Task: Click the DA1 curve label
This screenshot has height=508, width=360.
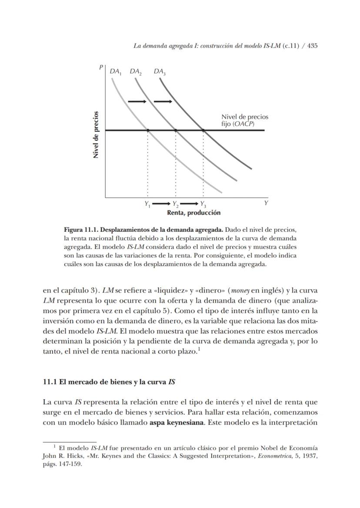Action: [115, 72]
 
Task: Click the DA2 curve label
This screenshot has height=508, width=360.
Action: [136, 72]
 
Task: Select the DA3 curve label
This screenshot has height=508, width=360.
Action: [160, 72]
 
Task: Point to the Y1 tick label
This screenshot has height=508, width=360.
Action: [147, 204]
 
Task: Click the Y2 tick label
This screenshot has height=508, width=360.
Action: [175, 204]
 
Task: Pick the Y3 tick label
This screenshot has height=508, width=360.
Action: [203, 204]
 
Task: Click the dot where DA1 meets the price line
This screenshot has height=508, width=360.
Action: [148, 130]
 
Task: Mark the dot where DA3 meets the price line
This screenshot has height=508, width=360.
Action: [203, 130]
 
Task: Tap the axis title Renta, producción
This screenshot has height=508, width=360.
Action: [193, 213]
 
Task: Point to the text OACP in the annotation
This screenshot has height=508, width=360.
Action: [243, 124]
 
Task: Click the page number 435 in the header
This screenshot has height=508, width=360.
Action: [312, 46]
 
